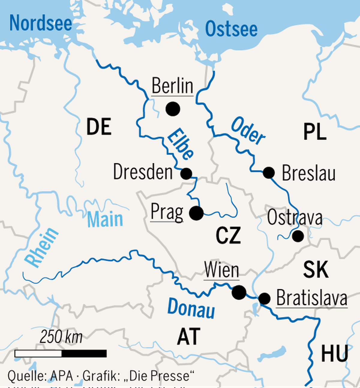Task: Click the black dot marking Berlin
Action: [x=173, y=109]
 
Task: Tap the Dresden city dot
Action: [x=186, y=174]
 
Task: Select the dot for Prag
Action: [x=196, y=213]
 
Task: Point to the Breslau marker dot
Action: [x=268, y=173]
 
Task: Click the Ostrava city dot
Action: [x=298, y=236]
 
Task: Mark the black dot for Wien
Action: [x=239, y=292]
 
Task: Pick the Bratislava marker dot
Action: [x=264, y=299]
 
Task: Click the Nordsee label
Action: [x=41, y=23]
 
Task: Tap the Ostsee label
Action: [x=231, y=29]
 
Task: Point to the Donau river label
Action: [x=191, y=308]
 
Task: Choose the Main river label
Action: [x=105, y=219]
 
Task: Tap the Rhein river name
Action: [x=41, y=248]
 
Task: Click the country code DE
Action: [x=99, y=127]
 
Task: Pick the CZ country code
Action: [x=228, y=236]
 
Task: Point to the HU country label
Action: [x=334, y=354]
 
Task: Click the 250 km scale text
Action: [x=61, y=337]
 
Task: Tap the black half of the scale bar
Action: [x=84, y=354]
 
